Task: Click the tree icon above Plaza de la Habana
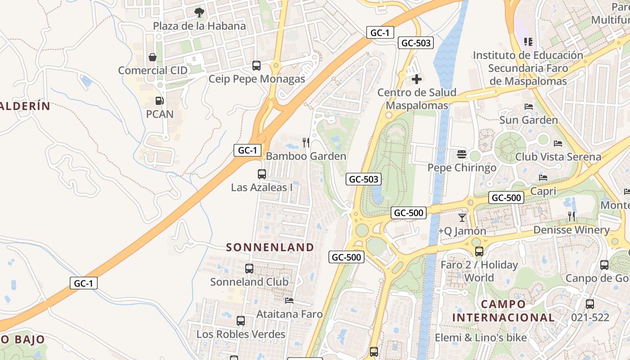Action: pyautogui.click(x=199, y=12)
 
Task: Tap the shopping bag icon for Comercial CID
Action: pyautogui.click(x=153, y=57)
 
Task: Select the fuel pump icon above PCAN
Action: pyautogui.click(x=159, y=101)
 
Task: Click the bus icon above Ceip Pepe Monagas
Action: pyautogui.click(x=256, y=66)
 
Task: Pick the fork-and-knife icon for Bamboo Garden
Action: pyautogui.click(x=306, y=143)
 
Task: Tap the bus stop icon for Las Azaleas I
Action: pyautogui.click(x=261, y=174)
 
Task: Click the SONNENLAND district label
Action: pyautogui.click(x=270, y=247)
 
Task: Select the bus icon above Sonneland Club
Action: pyautogui.click(x=249, y=269)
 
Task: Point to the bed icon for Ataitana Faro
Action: pyautogui.click(x=289, y=301)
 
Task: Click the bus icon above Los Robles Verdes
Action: pyautogui.click(x=241, y=321)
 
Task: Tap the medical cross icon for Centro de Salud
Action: pyautogui.click(x=417, y=79)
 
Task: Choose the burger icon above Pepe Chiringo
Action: pyautogui.click(x=462, y=154)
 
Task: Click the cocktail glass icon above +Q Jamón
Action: pyautogui.click(x=462, y=218)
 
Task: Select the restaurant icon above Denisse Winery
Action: pyautogui.click(x=571, y=216)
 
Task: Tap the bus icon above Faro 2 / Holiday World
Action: pyautogui.click(x=479, y=252)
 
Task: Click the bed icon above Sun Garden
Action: pyautogui.click(x=529, y=107)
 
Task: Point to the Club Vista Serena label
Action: pyautogui.click(x=558, y=157)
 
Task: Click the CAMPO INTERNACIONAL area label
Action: pyautogui.click(x=503, y=311)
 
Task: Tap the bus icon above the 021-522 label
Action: pyautogui.click(x=590, y=304)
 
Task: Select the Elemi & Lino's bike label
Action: pyautogui.click(x=481, y=337)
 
